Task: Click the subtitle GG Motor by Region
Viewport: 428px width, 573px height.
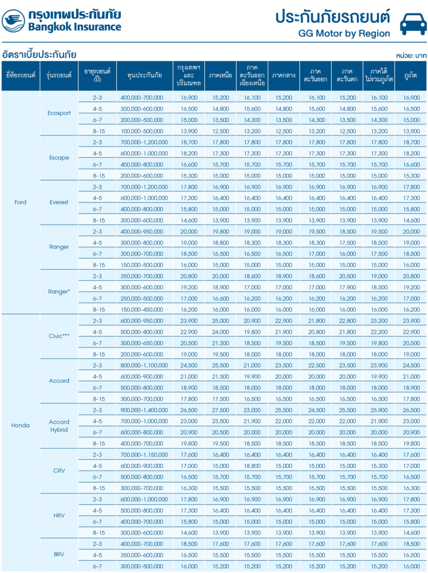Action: tap(344, 34)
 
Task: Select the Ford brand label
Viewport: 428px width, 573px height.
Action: tap(20, 202)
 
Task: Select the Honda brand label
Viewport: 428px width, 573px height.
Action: tap(20, 425)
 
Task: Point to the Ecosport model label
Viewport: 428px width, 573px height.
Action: tap(59, 113)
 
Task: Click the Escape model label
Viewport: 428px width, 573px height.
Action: tap(59, 158)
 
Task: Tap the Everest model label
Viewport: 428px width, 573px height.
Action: tap(59, 202)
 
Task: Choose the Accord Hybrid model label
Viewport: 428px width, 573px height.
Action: tap(59, 426)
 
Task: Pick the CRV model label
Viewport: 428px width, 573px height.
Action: tap(59, 471)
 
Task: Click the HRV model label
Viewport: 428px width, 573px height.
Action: tap(59, 515)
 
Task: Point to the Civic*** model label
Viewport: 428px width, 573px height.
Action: tap(59, 336)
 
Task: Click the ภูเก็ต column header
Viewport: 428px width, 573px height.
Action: tap(411, 76)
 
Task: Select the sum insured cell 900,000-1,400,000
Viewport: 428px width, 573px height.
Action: tap(144, 410)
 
